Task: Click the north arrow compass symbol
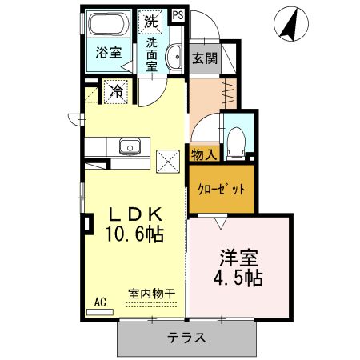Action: click(x=291, y=23)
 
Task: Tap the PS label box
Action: click(x=177, y=14)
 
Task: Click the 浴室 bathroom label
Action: click(x=109, y=54)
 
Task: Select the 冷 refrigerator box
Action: click(x=115, y=91)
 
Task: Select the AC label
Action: click(x=100, y=302)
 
